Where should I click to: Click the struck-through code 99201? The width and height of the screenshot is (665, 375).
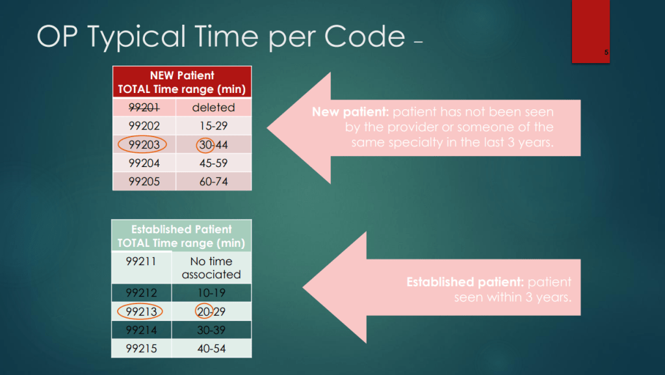144,108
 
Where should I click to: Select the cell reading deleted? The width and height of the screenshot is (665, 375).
213,107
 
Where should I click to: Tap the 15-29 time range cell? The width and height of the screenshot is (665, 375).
213,126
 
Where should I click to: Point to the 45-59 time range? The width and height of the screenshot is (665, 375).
213,163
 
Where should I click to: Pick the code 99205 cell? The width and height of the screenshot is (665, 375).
144,181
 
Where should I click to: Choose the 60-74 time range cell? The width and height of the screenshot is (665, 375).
213,181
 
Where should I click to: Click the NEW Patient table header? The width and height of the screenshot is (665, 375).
182,82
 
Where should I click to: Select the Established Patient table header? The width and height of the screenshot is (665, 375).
181,236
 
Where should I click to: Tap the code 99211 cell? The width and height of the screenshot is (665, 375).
142,268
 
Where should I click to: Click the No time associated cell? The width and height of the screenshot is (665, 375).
211,268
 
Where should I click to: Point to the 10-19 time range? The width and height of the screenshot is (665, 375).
211,292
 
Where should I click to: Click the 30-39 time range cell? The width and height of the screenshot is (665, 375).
211,330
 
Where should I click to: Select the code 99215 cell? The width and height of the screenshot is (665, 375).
142,349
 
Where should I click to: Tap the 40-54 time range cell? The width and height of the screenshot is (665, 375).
211,349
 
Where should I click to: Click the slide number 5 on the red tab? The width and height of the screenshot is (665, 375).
606,52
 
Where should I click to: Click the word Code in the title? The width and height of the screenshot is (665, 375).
365,36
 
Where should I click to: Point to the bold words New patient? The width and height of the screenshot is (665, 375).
350,112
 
